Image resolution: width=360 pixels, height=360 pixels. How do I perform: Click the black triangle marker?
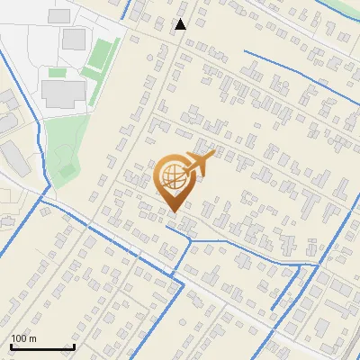click(x=181, y=24)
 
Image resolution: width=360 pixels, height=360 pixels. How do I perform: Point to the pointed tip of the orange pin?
click(x=173, y=212)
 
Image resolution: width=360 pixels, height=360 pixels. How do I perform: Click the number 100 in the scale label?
click(x=19, y=338)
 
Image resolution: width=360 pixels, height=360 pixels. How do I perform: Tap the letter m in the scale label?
click(x=32, y=338)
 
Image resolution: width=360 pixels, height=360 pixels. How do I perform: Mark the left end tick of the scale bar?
click(x=11, y=346)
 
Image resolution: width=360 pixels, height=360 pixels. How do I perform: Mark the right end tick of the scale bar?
click(x=74, y=346)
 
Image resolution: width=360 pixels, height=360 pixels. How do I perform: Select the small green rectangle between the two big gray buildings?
click(x=58, y=72)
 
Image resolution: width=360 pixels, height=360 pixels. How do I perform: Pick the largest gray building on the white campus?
click(x=63, y=92)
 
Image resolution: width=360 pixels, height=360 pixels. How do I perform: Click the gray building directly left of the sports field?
click(x=75, y=40)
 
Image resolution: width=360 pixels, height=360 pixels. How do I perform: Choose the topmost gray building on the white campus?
click(x=58, y=15)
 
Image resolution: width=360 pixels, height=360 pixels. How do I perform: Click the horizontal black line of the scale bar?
click(x=42, y=347)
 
